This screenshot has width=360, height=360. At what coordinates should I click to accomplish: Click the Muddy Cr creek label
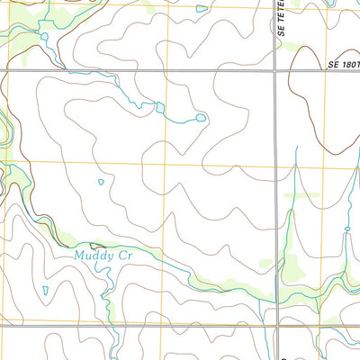click(111, 255)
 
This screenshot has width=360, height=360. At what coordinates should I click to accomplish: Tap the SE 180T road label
click(343, 64)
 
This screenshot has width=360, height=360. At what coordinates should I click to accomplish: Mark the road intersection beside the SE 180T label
click(274, 69)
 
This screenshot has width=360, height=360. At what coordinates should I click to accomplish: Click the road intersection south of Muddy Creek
click(274, 329)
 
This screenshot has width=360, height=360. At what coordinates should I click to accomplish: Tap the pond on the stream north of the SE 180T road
click(43, 36)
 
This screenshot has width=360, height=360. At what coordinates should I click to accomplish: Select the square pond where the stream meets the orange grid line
click(160, 107)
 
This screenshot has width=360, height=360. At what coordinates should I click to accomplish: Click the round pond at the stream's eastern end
click(200, 117)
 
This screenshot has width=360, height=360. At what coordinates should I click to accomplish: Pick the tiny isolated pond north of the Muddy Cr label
click(101, 183)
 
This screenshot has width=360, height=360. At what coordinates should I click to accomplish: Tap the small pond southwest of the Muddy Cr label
click(45, 290)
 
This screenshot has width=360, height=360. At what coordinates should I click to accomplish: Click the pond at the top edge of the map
click(199, 8)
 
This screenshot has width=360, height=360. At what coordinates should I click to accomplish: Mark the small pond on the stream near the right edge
click(346, 231)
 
